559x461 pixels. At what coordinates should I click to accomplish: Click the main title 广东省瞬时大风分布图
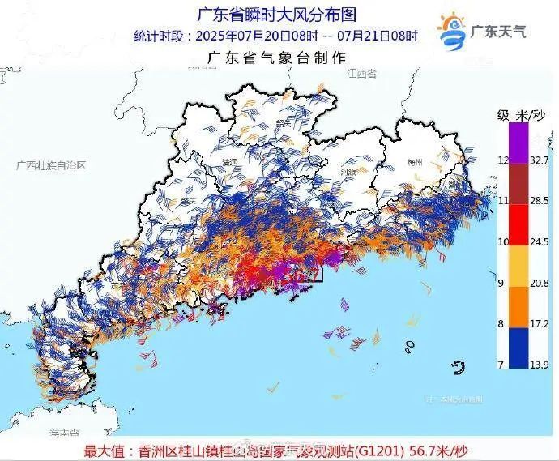tap(277, 15)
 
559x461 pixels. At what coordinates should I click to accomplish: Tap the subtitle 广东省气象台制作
tap(277, 58)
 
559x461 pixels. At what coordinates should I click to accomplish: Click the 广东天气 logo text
tap(498, 32)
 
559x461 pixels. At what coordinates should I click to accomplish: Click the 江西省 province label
tap(360, 74)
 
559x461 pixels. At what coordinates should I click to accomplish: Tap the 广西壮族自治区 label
tap(50, 164)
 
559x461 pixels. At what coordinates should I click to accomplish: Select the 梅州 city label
tap(415, 162)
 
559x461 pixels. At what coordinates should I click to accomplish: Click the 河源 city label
tap(348, 173)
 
